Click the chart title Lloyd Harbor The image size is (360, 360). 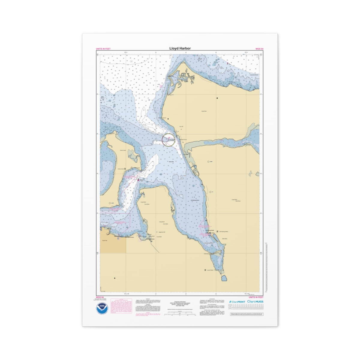tap(180, 48)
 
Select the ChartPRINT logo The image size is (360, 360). tap(237, 301)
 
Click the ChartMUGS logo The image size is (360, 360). tap(255, 301)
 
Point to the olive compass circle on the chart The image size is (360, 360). tap(169, 139)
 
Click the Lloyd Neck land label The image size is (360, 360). tap(204, 111)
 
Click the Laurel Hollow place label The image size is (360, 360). tap(210, 270)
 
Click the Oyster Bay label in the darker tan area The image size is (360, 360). tap(104, 241)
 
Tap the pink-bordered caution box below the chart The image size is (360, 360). tap(121, 306)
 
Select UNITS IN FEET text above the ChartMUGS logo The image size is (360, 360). tap(256, 297)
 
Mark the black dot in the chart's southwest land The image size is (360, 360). tap(115, 278)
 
